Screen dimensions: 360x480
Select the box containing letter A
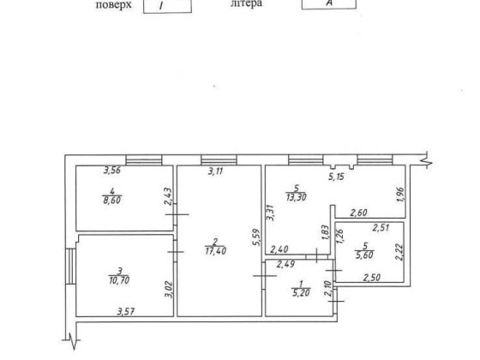[328, 4]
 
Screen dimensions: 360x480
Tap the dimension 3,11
[218, 172]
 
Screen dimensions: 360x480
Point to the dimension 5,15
[343, 178]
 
